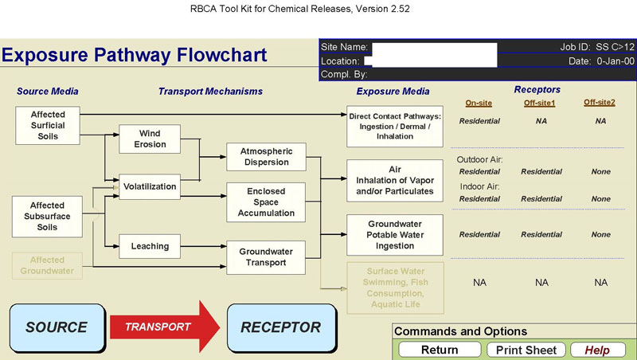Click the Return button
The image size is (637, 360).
tap(440, 350)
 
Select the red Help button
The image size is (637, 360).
tap(596, 350)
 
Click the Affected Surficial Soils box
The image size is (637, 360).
tap(48, 126)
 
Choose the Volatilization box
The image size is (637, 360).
tap(149, 187)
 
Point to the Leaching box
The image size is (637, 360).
tap(149, 246)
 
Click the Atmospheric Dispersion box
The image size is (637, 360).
tap(266, 157)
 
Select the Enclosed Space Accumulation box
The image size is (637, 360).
tap(266, 202)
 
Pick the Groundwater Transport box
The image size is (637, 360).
tap(266, 257)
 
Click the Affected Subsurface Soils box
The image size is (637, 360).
tap(48, 217)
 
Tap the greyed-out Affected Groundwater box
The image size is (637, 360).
tap(48, 266)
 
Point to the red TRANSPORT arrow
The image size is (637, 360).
tap(163, 327)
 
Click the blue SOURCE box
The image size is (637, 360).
tap(57, 327)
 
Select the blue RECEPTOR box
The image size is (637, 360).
tap(280, 327)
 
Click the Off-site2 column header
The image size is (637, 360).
tap(600, 103)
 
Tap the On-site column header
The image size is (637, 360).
tap(479, 103)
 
